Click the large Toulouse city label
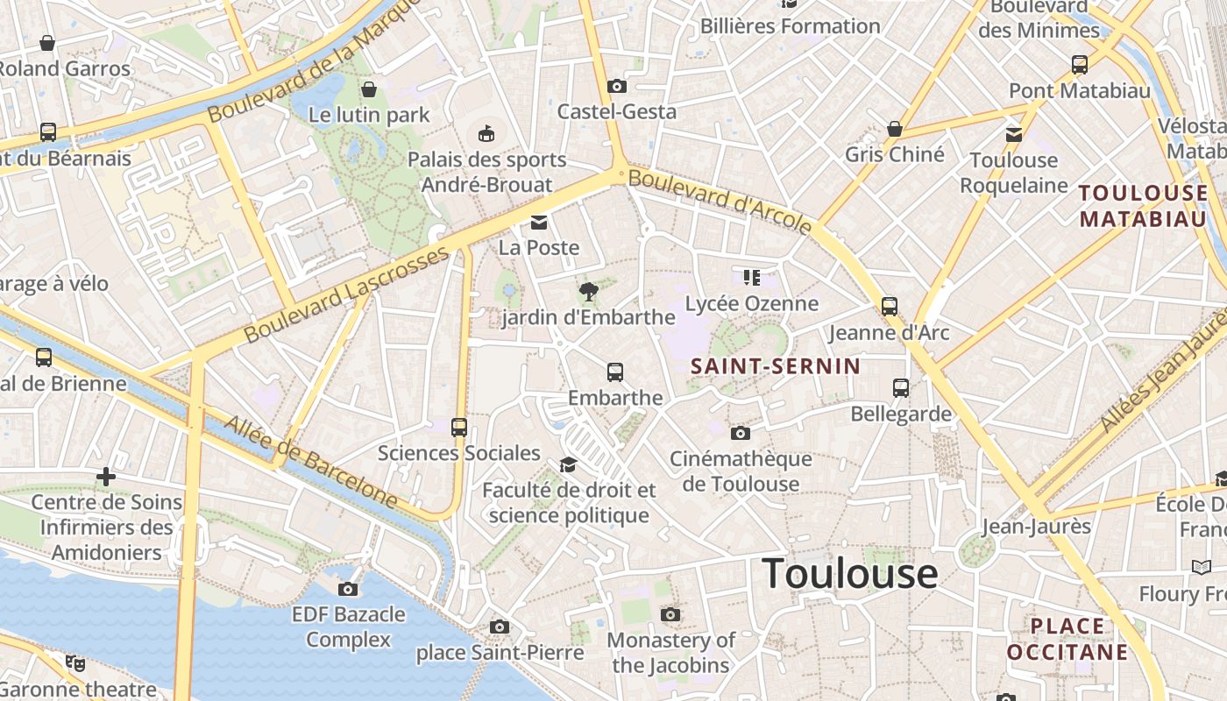850,574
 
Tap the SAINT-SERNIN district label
776,366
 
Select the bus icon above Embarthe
615,372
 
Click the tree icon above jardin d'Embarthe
588,291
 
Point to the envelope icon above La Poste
538,223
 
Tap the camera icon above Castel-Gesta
617,86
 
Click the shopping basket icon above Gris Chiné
895,129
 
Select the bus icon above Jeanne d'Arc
890,307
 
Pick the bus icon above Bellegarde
901,387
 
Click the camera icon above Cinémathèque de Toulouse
741,433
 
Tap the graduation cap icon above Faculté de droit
569,464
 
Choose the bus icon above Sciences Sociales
459,428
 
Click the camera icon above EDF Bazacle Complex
348,589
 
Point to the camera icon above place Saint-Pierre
500,627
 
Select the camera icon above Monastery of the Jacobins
670,614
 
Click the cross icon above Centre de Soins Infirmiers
106,477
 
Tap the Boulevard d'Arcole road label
720,202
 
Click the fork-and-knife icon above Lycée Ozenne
751,278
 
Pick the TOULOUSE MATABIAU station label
1143,206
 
